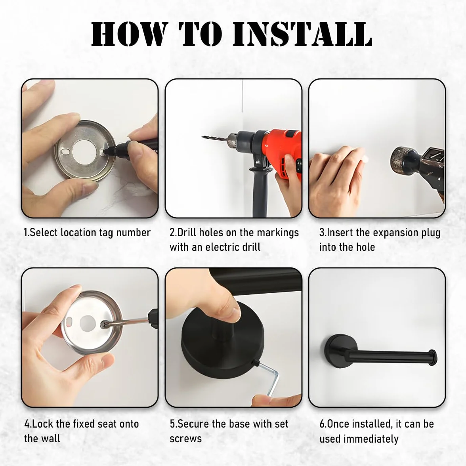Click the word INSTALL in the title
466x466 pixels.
click(x=302, y=34)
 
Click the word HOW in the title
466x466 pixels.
click(x=128, y=34)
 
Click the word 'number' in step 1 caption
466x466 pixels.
click(x=133, y=233)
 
